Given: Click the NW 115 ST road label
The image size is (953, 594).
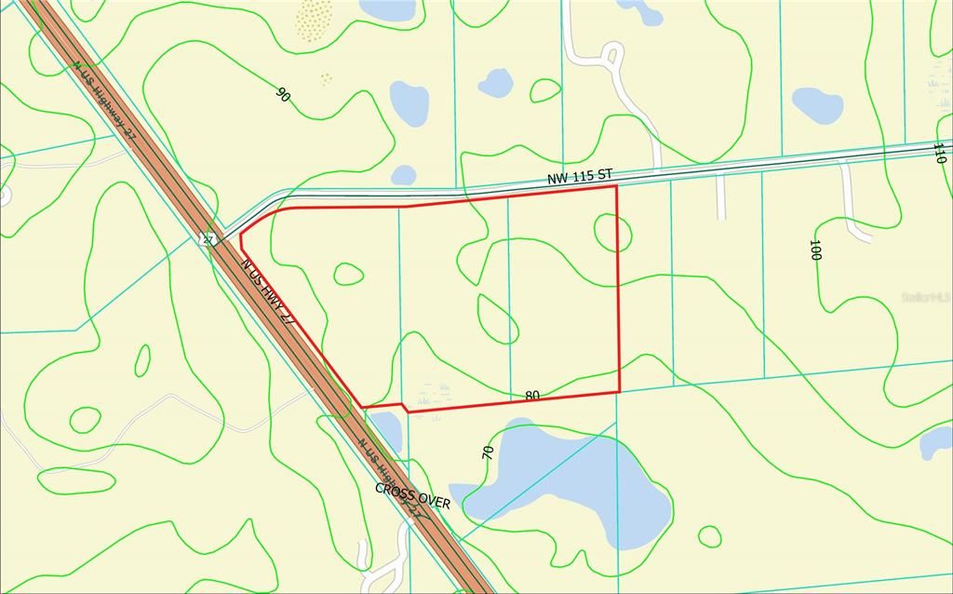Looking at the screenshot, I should pos(579,174).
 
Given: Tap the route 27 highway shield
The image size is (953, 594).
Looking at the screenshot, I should pos(209,239).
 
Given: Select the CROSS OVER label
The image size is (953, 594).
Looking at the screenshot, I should pos(412,495).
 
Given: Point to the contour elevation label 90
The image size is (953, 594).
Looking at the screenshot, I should pos(283,94).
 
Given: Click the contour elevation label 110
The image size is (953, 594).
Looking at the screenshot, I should pos(940,153).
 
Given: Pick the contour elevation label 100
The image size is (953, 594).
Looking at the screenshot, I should pos(814,250).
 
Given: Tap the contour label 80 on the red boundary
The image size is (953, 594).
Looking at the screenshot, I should pos(532,396).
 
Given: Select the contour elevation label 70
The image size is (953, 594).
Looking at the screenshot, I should pos(488,452).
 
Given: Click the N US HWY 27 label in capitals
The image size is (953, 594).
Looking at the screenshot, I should pos(268,290).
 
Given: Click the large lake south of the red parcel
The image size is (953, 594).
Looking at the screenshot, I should pos(577,484).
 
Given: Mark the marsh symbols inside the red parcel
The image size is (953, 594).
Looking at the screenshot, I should pos(434,386).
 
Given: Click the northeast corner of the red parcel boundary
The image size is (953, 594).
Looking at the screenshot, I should pos(616,186).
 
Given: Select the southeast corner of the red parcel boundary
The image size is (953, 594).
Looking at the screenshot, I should pos(619,392).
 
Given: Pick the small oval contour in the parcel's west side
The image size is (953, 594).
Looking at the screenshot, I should pos(348,274).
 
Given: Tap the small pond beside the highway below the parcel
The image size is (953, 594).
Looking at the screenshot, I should pos(385,430).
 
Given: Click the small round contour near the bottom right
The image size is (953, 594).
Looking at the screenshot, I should pos(709,536).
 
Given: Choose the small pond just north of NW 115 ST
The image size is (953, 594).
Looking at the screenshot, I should pos(403,175).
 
